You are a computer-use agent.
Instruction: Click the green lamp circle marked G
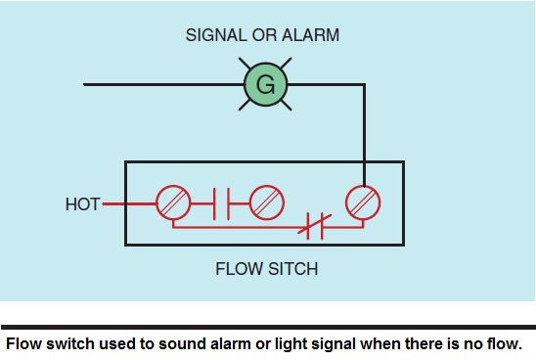tap(266, 85)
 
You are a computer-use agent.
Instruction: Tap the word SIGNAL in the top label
tap(213, 35)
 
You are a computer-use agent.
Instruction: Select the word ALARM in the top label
tap(310, 35)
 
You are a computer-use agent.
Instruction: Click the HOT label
tap(82, 204)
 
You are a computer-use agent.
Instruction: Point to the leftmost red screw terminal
tap(172, 203)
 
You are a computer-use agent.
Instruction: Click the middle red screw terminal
tap(266, 203)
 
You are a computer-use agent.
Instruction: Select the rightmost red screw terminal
tap(364, 203)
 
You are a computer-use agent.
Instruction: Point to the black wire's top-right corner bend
tap(364, 85)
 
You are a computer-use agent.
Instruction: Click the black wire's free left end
tap(86, 85)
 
